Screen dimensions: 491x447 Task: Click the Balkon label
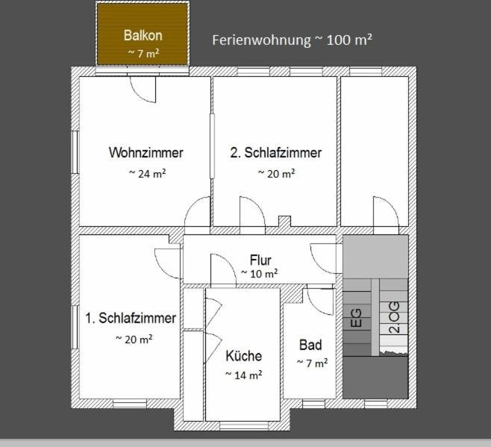click(143, 35)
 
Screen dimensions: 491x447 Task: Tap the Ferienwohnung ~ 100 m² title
click(293, 40)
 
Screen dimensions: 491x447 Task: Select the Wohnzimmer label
click(146, 152)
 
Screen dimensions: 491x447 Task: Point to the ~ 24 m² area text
click(147, 174)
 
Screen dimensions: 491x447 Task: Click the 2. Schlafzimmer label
click(276, 152)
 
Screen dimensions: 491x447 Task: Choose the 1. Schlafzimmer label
click(131, 318)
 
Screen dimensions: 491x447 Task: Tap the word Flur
click(260, 260)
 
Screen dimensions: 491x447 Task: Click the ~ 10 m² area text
click(259, 274)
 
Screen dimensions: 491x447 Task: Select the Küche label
click(243, 356)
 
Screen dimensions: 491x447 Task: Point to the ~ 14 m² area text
click(243, 375)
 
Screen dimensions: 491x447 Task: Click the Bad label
click(310, 345)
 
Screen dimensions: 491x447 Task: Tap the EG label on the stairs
click(356, 318)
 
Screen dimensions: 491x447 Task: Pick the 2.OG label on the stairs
click(394, 317)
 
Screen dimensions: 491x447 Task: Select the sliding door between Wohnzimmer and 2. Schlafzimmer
click(212, 146)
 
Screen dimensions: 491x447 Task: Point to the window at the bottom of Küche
click(243, 425)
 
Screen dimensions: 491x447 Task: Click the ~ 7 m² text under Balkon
click(144, 53)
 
